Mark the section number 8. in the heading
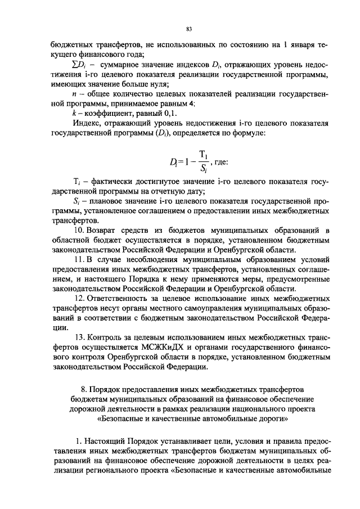coord(85,390)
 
